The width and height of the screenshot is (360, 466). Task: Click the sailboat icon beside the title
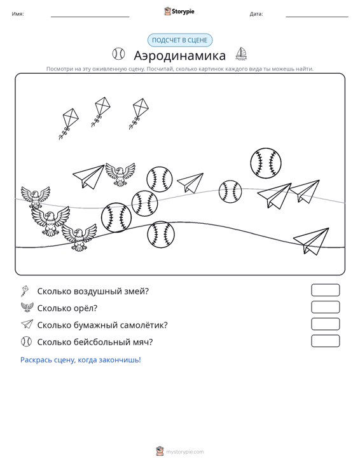241,54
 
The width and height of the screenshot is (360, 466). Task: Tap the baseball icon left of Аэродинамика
118,54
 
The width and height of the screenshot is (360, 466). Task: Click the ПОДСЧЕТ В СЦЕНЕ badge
180,40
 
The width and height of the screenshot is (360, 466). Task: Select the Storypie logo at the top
179,11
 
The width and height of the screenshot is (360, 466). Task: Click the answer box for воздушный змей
325,290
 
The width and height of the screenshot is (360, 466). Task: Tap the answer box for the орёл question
325,307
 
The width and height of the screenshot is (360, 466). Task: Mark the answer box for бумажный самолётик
325,324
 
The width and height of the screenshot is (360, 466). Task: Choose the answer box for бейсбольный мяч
325,341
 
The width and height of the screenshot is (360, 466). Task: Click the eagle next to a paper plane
120,174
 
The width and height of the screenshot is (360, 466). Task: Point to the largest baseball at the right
266,163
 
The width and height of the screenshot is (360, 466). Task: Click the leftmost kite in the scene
69,123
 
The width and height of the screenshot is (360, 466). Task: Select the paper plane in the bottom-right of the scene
312,241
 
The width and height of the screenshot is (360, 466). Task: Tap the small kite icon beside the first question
25,291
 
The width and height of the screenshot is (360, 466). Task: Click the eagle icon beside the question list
27,307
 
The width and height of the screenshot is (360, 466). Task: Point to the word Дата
256,14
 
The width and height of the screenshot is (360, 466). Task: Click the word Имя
18,14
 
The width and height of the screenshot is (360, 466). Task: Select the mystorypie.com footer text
184,452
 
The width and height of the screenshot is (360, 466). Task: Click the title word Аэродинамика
179,55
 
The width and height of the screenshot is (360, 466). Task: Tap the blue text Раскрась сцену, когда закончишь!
81,360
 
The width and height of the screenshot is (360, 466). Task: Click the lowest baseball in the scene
161,234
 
